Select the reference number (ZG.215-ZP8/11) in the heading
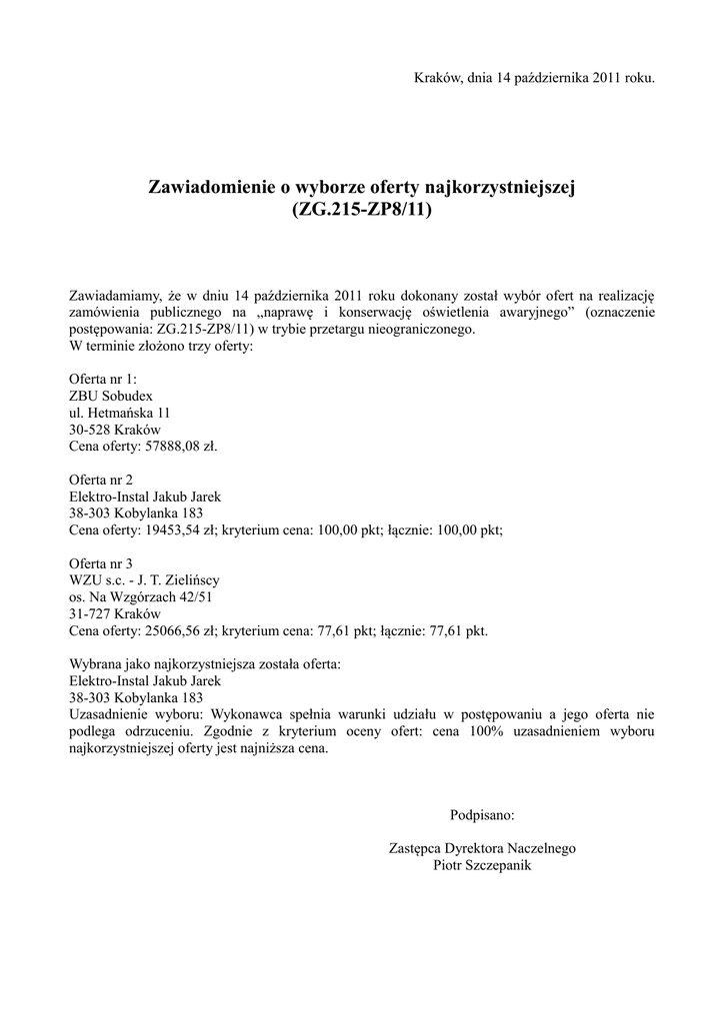[362, 211]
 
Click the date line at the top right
[534, 77]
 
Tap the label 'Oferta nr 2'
[100, 480]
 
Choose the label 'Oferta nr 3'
[100, 563]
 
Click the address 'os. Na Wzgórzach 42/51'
[140, 597]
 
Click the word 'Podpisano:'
[482, 815]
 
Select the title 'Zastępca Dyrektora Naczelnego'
[482, 849]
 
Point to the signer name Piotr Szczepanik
[482, 866]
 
